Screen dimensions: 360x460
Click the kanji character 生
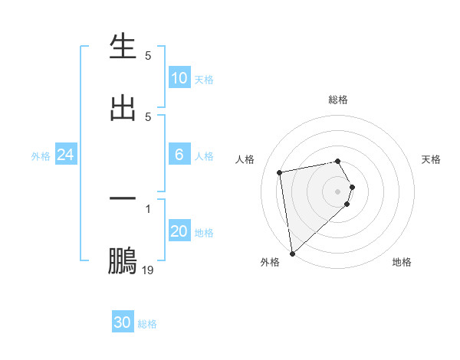coord(123,48)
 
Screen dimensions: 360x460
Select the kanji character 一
coord(123,198)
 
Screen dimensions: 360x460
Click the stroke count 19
coord(147,270)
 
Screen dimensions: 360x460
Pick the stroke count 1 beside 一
coord(148,208)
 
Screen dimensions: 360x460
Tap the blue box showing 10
coord(179,77)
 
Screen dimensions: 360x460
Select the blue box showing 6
coord(179,155)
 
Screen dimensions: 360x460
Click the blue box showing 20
coord(179,231)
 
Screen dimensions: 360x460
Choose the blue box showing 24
coord(66,155)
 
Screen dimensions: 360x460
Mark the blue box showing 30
coord(123,322)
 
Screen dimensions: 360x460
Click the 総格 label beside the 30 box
coord(147,324)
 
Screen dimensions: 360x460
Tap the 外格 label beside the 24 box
coord(41,156)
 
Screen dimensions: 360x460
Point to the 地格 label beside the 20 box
coord(204,233)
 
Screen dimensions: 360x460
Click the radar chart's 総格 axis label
coord(338,100)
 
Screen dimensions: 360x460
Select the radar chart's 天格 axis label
coord(432,159)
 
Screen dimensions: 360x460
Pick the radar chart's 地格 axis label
coord(402,262)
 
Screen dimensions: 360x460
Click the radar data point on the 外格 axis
coord(292,253)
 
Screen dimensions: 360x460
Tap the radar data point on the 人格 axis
coord(280,172)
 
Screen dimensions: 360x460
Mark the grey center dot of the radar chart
coord(338,191)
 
